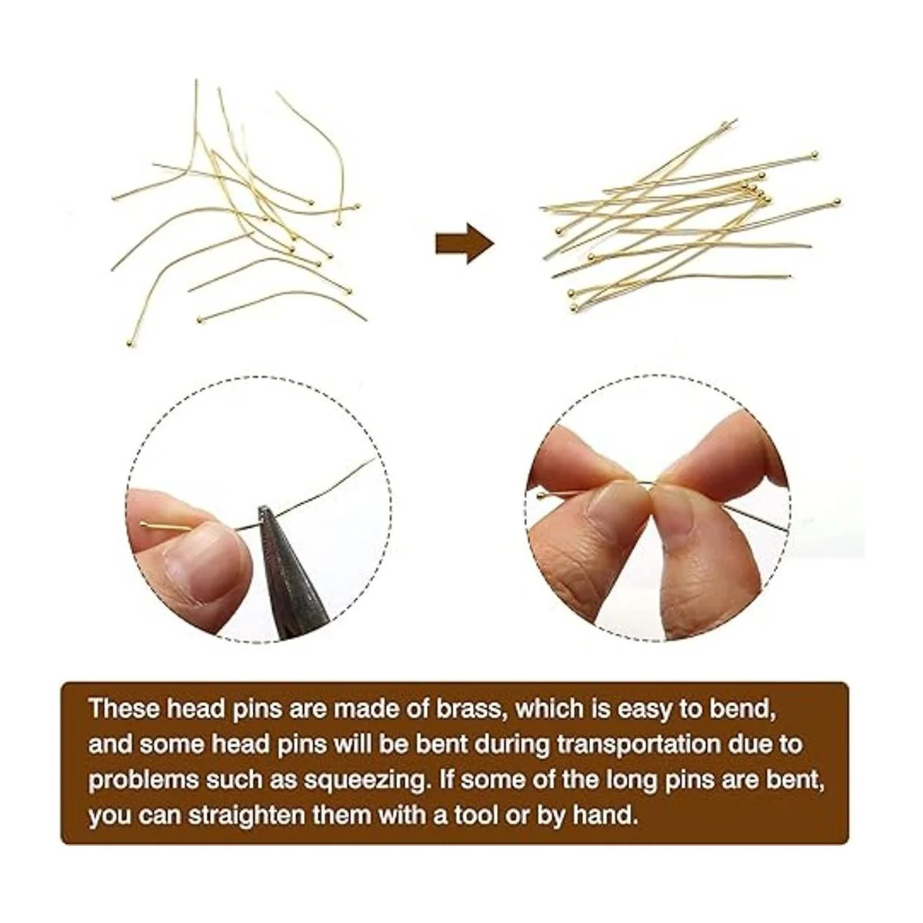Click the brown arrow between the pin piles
coord(464,243)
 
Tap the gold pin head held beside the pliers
coord(144,525)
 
